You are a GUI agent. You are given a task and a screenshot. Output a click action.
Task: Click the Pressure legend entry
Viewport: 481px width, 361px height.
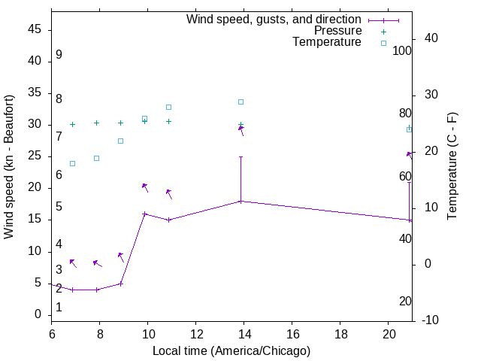337,31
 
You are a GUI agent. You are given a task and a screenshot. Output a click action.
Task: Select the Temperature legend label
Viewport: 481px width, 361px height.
327,42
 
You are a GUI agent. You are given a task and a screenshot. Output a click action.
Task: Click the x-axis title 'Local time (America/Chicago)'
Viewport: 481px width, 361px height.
231,350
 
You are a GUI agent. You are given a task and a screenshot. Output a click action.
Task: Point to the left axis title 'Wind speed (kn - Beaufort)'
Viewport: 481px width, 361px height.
10,167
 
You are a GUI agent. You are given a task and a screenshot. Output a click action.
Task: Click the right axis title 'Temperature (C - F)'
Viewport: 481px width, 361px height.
452,167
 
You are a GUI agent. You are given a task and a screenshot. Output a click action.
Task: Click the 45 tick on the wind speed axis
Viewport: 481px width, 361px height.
35,29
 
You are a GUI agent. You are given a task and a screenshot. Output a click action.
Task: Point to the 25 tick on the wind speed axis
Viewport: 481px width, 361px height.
35,156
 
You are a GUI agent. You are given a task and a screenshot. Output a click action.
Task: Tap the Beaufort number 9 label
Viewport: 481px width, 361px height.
59,55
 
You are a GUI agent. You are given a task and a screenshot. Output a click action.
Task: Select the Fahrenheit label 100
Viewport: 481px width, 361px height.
402,51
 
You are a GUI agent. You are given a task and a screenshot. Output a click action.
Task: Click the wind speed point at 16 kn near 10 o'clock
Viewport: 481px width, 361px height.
145,214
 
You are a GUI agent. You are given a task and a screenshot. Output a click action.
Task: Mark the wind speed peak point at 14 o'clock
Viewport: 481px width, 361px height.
240,201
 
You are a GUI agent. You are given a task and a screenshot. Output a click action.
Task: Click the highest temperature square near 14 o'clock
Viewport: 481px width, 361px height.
240,102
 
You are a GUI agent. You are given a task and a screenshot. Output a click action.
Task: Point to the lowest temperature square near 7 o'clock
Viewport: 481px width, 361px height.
72,163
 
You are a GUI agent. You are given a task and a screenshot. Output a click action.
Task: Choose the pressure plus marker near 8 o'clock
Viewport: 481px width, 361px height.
96,123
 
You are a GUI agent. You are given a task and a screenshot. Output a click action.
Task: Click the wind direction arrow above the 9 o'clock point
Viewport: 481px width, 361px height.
121,256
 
